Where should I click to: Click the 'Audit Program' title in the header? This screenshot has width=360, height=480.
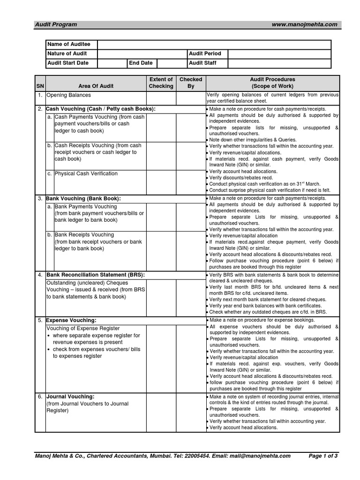click(x=56, y=24)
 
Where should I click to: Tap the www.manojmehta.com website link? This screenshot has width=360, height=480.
click(x=304, y=24)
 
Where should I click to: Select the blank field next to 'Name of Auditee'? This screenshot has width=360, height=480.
click(x=214, y=44)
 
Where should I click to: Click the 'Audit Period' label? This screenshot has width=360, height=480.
click(x=205, y=53)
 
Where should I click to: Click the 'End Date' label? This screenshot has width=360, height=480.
click(x=141, y=63)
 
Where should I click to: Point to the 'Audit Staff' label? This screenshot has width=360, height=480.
click(x=202, y=63)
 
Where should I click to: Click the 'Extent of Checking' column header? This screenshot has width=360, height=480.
click(x=161, y=83)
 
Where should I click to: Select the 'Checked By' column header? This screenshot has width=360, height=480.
click(x=191, y=83)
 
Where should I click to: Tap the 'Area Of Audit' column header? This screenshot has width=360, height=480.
click(x=96, y=86)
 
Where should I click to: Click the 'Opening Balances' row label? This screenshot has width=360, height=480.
click(x=68, y=95)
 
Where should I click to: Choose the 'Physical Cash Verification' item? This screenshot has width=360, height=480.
click(x=86, y=173)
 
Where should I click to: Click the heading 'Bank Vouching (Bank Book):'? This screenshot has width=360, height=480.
click(x=83, y=198)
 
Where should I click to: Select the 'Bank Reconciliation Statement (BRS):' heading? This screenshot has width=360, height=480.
click(x=96, y=274)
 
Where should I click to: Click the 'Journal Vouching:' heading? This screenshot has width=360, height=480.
click(x=70, y=397)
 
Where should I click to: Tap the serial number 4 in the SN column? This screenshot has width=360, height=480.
click(x=40, y=275)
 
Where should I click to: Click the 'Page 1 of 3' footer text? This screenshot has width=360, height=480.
click(x=323, y=456)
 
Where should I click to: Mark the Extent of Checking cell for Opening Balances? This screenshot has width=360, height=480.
click(x=161, y=98)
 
